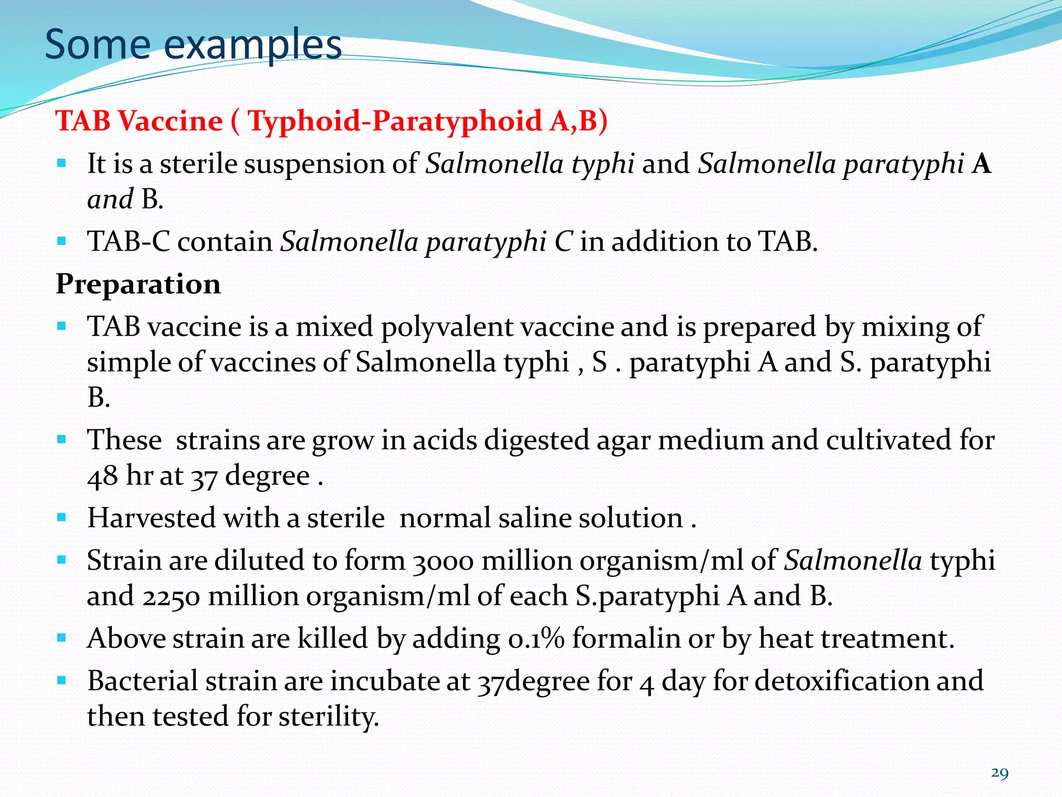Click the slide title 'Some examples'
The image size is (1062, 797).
pyautogui.click(x=193, y=45)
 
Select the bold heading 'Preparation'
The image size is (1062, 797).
pyautogui.click(x=138, y=284)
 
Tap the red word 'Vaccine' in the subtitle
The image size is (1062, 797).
pyautogui.click(x=171, y=121)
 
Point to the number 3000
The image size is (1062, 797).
pyautogui.click(x=443, y=561)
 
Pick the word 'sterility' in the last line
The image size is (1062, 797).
pyautogui.click(x=329, y=717)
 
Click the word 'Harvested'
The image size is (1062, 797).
pyautogui.click(x=151, y=518)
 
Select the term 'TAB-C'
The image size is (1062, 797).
pyautogui.click(x=129, y=242)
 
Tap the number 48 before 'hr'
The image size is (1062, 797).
pyautogui.click(x=102, y=476)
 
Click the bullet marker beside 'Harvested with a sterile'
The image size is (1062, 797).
pyautogui.click(x=62, y=518)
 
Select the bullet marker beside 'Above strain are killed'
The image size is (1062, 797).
pyautogui.click(x=62, y=638)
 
